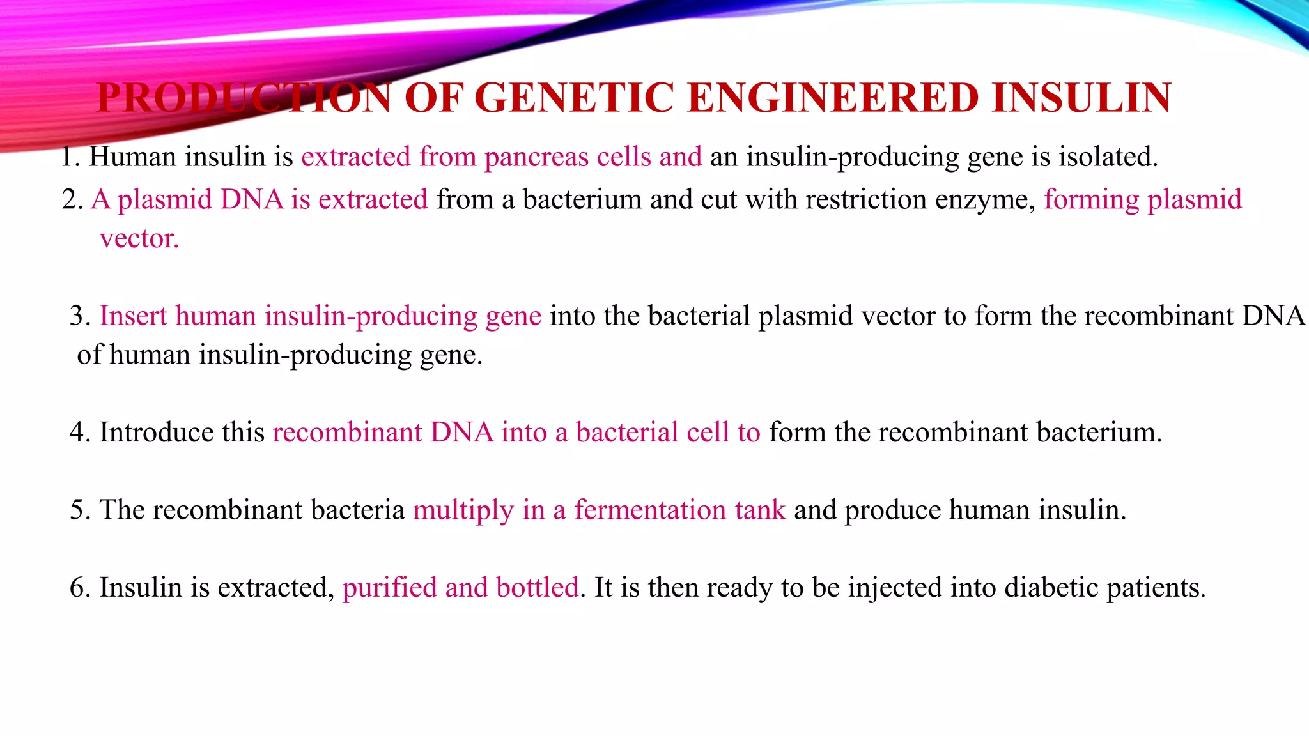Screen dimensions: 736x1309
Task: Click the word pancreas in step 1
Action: tap(536, 157)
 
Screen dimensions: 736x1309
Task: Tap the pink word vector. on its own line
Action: tap(139, 239)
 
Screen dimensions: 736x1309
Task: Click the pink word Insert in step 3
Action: tap(133, 316)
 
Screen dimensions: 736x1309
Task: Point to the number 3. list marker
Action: tap(81, 316)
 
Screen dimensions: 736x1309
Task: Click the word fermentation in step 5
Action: tap(650, 510)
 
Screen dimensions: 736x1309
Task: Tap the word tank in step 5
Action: tap(760, 510)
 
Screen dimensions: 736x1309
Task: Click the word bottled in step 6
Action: tap(538, 588)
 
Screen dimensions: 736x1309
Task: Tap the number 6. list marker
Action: tap(81, 588)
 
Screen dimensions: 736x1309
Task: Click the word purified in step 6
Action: tap(389, 588)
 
